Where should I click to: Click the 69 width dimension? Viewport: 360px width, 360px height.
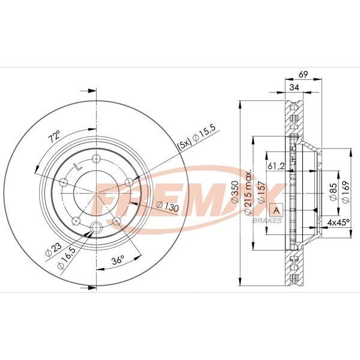(303, 74)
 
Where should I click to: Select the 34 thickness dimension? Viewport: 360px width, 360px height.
(294, 87)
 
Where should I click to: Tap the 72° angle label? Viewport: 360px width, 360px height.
(54, 137)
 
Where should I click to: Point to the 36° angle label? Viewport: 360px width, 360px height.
(118, 260)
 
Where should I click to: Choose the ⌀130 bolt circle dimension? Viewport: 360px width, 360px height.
(167, 206)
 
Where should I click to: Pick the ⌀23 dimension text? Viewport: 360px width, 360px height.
(53, 249)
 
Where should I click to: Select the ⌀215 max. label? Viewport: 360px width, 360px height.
(248, 193)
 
